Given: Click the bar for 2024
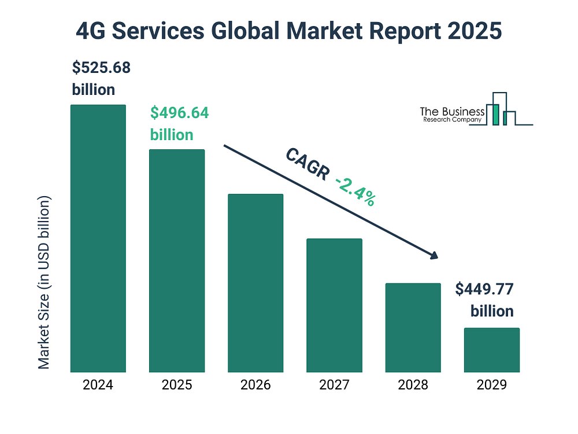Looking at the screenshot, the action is pyautogui.click(x=98, y=238).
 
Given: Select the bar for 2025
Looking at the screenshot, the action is pyautogui.click(x=177, y=261).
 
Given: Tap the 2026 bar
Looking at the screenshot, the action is pyautogui.click(x=255, y=283).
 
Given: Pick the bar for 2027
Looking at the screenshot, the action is pyautogui.click(x=334, y=306).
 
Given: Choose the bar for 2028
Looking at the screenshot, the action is pyautogui.click(x=413, y=328).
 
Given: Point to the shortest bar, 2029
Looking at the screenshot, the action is pyautogui.click(x=492, y=350).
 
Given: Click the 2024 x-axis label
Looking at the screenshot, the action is pyautogui.click(x=98, y=385).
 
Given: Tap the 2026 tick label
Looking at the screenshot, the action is pyautogui.click(x=255, y=385).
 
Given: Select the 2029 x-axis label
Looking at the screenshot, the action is pyautogui.click(x=492, y=385).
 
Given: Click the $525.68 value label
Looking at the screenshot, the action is pyautogui.click(x=101, y=68).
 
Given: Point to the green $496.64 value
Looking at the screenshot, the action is pyautogui.click(x=180, y=113).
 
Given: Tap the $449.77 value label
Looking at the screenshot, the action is pyautogui.click(x=484, y=289).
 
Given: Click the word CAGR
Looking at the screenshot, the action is pyautogui.click(x=308, y=164).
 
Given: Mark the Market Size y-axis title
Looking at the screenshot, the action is pyautogui.click(x=43, y=282).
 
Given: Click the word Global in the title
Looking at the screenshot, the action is pyautogui.click(x=245, y=31).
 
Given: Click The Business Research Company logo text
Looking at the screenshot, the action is pyautogui.click(x=453, y=115).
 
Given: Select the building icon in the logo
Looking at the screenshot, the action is pyautogui.click(x=501, y=109).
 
